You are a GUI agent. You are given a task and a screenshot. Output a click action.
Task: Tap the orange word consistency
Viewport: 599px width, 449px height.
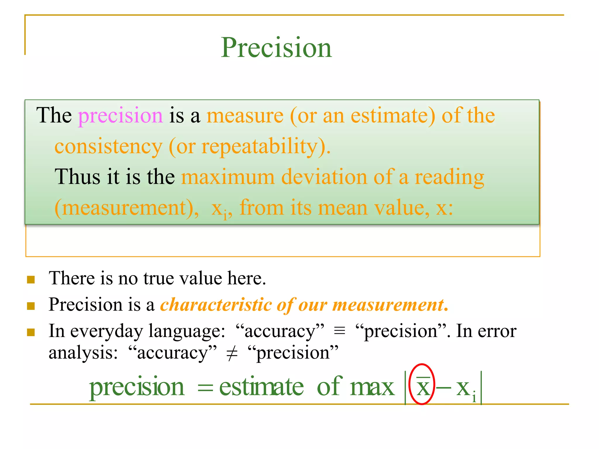coord(108,146)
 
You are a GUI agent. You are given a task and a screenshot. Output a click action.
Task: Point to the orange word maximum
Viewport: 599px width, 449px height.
coord(228,177)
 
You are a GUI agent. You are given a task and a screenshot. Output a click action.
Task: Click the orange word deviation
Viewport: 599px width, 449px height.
coord(324,177)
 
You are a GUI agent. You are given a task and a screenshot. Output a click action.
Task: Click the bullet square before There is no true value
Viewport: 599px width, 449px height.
coord(31,280)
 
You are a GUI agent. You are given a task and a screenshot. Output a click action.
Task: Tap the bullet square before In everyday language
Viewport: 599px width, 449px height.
coord(31,332)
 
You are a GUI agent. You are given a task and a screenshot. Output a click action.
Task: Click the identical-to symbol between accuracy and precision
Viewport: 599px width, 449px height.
coord(340,331)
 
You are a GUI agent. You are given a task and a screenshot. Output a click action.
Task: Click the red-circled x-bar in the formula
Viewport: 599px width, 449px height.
coord(422,385)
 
